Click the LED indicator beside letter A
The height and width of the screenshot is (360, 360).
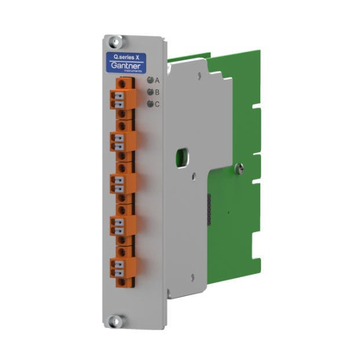pos(150,81)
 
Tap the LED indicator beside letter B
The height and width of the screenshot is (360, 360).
pos(150,92)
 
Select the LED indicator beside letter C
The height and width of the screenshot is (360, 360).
pos(150,104)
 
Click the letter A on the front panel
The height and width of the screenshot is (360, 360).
pos(157,81)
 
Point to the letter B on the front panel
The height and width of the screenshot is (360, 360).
pos(157,92)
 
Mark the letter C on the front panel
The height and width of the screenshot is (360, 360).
pos(157,104)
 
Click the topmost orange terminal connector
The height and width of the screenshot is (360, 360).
pos(122,99)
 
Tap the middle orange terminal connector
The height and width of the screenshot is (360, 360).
pos(122,183)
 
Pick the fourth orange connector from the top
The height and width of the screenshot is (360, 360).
pos(122,225)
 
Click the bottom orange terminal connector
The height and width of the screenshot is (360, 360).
pos(122,267)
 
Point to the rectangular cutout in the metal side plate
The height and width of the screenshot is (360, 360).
pos(182,157)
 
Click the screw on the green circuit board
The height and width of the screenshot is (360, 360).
pos(239,169)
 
